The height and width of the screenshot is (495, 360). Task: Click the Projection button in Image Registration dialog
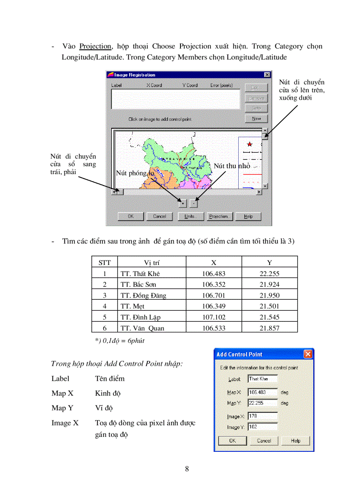point(219,216)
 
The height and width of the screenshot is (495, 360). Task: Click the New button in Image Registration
point(256,119)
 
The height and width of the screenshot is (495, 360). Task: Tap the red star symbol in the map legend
point(250,144)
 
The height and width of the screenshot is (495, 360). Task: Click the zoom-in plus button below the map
point(183,204)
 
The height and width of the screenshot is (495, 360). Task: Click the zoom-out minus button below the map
point(194,204)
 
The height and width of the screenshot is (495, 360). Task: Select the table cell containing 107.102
point(214,317)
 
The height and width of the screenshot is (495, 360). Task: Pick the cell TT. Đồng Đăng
point(143,295)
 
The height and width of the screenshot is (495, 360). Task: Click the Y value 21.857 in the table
point(269,328)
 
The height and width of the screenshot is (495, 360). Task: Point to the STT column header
point(105,263)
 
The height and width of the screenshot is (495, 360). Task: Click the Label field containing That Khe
point(262,379)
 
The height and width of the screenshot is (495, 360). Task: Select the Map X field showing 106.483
point(262,392)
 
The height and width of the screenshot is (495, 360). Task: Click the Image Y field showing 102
point(262,427)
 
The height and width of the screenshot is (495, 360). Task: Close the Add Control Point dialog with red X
point(308,354)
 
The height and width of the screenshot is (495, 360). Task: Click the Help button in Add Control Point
point(296,441)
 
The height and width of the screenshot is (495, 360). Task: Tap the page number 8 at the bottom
point(187,469)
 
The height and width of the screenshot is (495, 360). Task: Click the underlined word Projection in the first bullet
point(95,46)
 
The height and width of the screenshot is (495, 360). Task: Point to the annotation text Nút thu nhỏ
point(232,166)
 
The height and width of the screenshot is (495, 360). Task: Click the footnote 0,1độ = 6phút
point(120,341)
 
